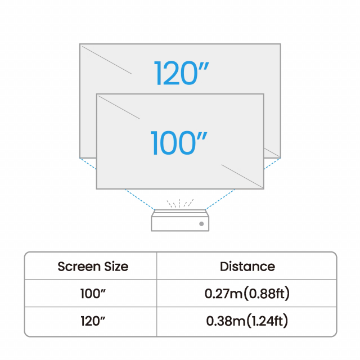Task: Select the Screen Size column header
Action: tap(93, 266)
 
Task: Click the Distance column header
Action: tap(247, 266)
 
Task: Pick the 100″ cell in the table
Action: tap(93, 294)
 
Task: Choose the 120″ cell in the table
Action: tap(93, 321)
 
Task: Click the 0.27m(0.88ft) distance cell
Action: tap(247, 294)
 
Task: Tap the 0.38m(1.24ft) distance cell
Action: tap(247, 321)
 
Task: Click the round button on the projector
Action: tap(201, 224)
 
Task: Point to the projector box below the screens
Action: tap(180, 221)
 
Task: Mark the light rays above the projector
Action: tap(180, 202)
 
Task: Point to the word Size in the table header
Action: tap(114, 266)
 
